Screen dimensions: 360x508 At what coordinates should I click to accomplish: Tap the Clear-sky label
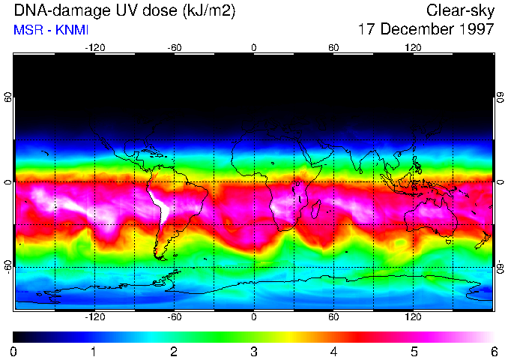point(460,11)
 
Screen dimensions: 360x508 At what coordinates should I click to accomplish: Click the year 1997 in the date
point(475,30)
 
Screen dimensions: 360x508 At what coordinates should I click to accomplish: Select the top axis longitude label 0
point(254,47)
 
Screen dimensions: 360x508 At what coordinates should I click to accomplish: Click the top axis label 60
point(333,47)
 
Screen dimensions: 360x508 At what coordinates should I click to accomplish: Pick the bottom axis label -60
point(174,316)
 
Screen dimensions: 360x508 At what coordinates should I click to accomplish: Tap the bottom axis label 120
point(414,316)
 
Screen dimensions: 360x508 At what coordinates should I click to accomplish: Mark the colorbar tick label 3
point(253,351)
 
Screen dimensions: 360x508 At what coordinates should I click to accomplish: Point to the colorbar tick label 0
point(13,351)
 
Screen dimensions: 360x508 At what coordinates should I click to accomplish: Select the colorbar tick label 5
point(413,351)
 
